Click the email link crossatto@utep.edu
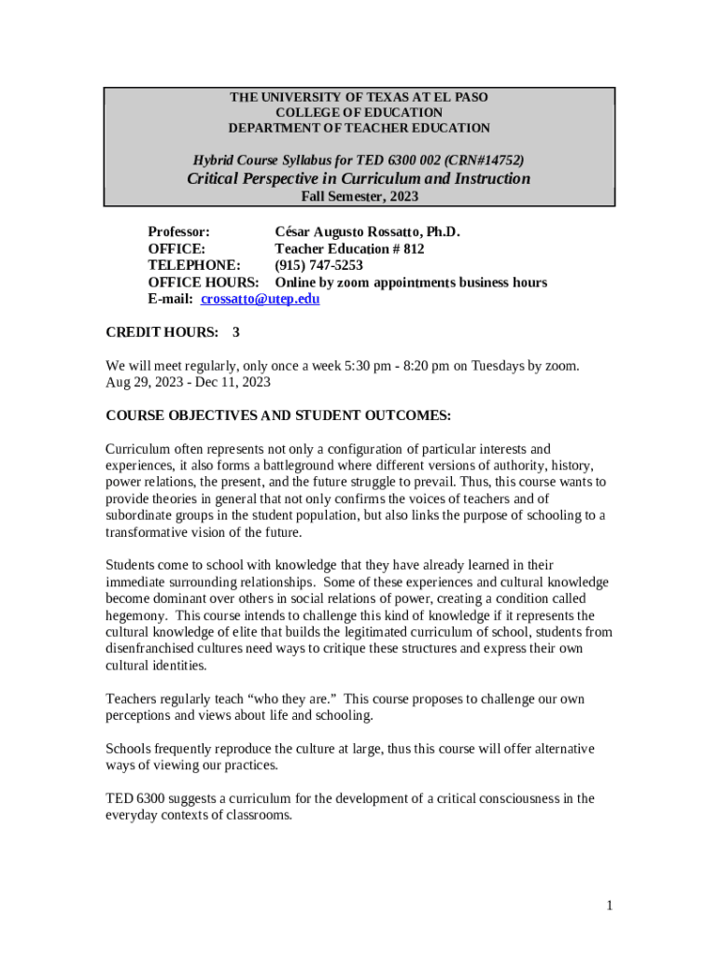[261, 299]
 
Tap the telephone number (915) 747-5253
[318, 265]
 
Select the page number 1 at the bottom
[609, 905]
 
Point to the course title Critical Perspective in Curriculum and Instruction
[359, 178]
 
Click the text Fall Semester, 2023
[359, 196]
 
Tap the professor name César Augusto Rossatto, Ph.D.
[368, 232]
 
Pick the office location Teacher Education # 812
[349, 248]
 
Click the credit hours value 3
[236, 332]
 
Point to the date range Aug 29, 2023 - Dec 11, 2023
[189, 382]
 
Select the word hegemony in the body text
[137, 616]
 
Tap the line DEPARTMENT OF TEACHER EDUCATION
[359, 128]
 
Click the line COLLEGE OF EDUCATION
[359, 113]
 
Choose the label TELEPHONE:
[190, 265]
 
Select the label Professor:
[179, 232]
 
